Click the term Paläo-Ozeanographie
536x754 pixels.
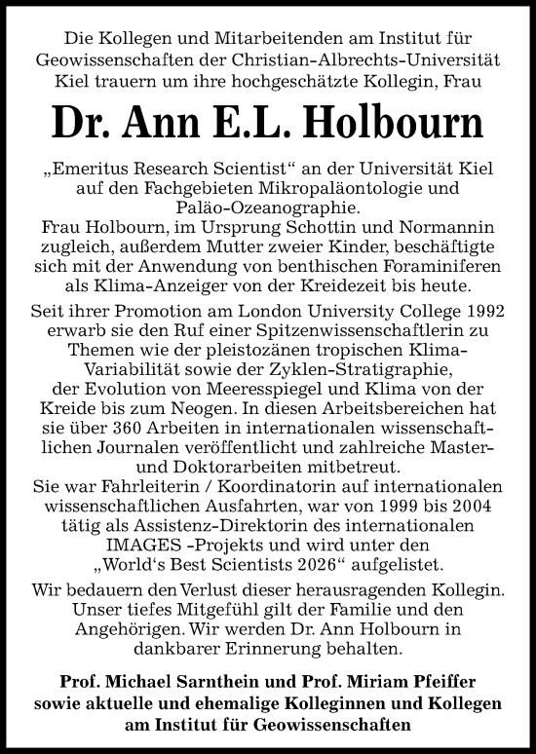(268, 206)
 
